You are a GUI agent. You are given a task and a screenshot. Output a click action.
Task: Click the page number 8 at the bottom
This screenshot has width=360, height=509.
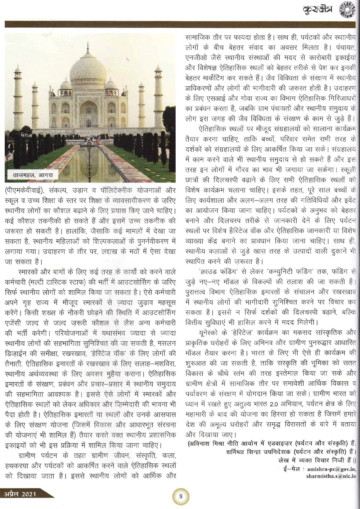tap(181, 496)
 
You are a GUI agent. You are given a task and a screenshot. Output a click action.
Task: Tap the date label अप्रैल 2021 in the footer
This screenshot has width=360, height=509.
tap(20, 494)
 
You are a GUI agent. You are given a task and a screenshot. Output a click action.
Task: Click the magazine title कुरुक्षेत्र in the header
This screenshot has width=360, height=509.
tap(318, 10)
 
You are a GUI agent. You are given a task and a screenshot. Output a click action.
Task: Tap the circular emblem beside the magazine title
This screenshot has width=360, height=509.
tap(348, 10)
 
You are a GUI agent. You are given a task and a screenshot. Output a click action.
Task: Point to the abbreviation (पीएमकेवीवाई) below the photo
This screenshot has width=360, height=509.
tap(26, 190)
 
